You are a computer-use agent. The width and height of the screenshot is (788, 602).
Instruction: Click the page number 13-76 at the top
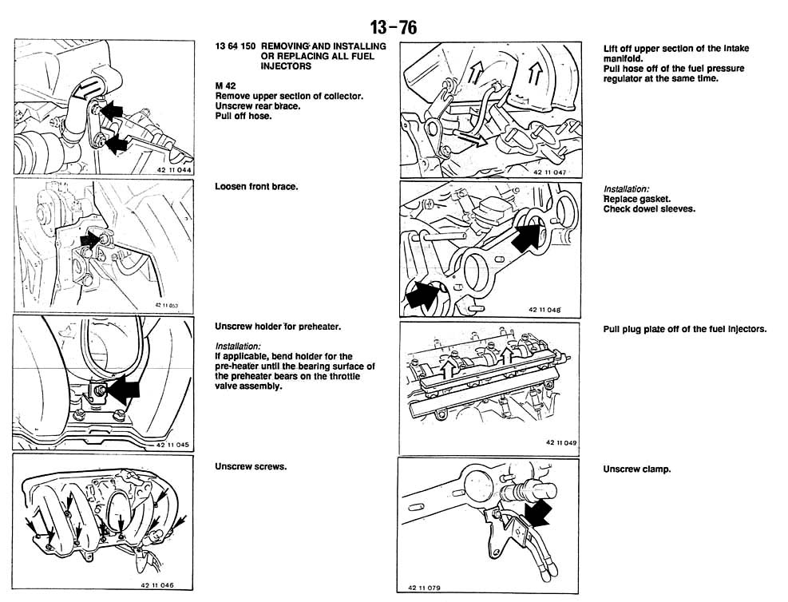(x=393, y=27)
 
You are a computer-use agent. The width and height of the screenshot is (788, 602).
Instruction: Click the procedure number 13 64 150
(x=236, y=47)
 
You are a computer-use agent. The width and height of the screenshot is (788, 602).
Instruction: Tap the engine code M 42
(x=226, y=85)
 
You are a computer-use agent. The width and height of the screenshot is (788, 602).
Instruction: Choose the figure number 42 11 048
(x=544, y=309)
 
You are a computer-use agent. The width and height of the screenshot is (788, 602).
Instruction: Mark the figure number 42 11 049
(x=561, y=442)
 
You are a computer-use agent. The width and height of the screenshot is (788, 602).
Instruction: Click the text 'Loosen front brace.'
(x=256, y=187)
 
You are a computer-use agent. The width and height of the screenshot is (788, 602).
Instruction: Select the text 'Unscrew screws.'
(x=250, y=466)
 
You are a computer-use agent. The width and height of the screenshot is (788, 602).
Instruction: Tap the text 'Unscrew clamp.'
(x=636, y=469)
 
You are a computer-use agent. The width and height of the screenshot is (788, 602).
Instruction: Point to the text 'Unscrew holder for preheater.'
(x=278, y=327)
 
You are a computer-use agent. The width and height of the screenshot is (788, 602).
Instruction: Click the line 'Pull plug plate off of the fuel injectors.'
(x=684, y=329)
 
